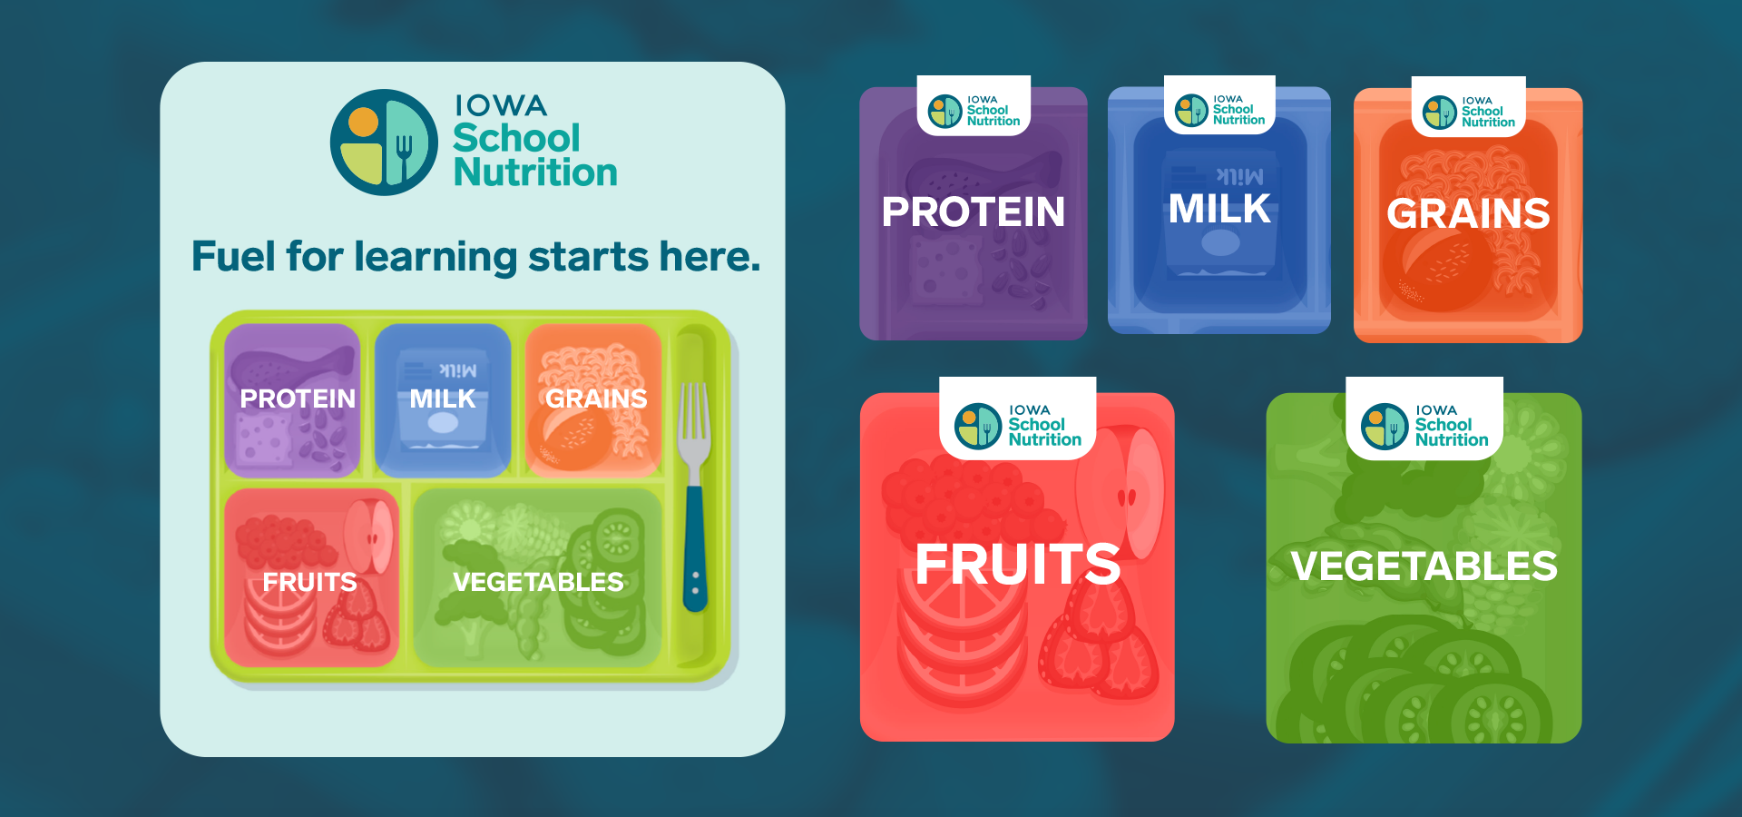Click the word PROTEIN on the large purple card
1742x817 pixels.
pyautogui.click(x=974, y=212)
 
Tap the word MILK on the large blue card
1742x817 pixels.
pyautogui.click(x=1219, y=210)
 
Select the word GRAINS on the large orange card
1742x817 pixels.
pyautogui.click(x=1468, y=214)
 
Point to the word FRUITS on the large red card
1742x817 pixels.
pyautogui.click(x=1018, y=565)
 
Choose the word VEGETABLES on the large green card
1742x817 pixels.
pyautogui.click(x=1424, y=566)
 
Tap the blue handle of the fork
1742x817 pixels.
pyautogui.click(x=695, y=549)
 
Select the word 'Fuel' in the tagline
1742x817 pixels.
pyautogui.click(x=233, y=256)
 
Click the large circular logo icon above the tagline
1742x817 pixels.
pyautogui.click(x=384, y=143)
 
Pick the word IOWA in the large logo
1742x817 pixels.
pyautogui.click(x=501, y=106)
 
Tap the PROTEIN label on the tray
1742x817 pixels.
pyautogui.click(x=298, y=399)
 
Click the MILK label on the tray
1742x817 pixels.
pyautogui.click(x=443, y=399)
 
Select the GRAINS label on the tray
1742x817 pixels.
pyautogui.click(x=596, y=399)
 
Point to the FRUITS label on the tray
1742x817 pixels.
pyautogui.click(x=309, y=582)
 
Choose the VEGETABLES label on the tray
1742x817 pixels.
pyautogui.click(x=538, y=582)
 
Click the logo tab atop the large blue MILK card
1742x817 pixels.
pyautogui.click(x=1219, y=105)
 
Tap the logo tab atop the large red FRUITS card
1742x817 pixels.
pyautogui.click(x=1018, y=418)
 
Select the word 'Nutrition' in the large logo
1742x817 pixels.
pyautogui.click(x=535, y=172)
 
